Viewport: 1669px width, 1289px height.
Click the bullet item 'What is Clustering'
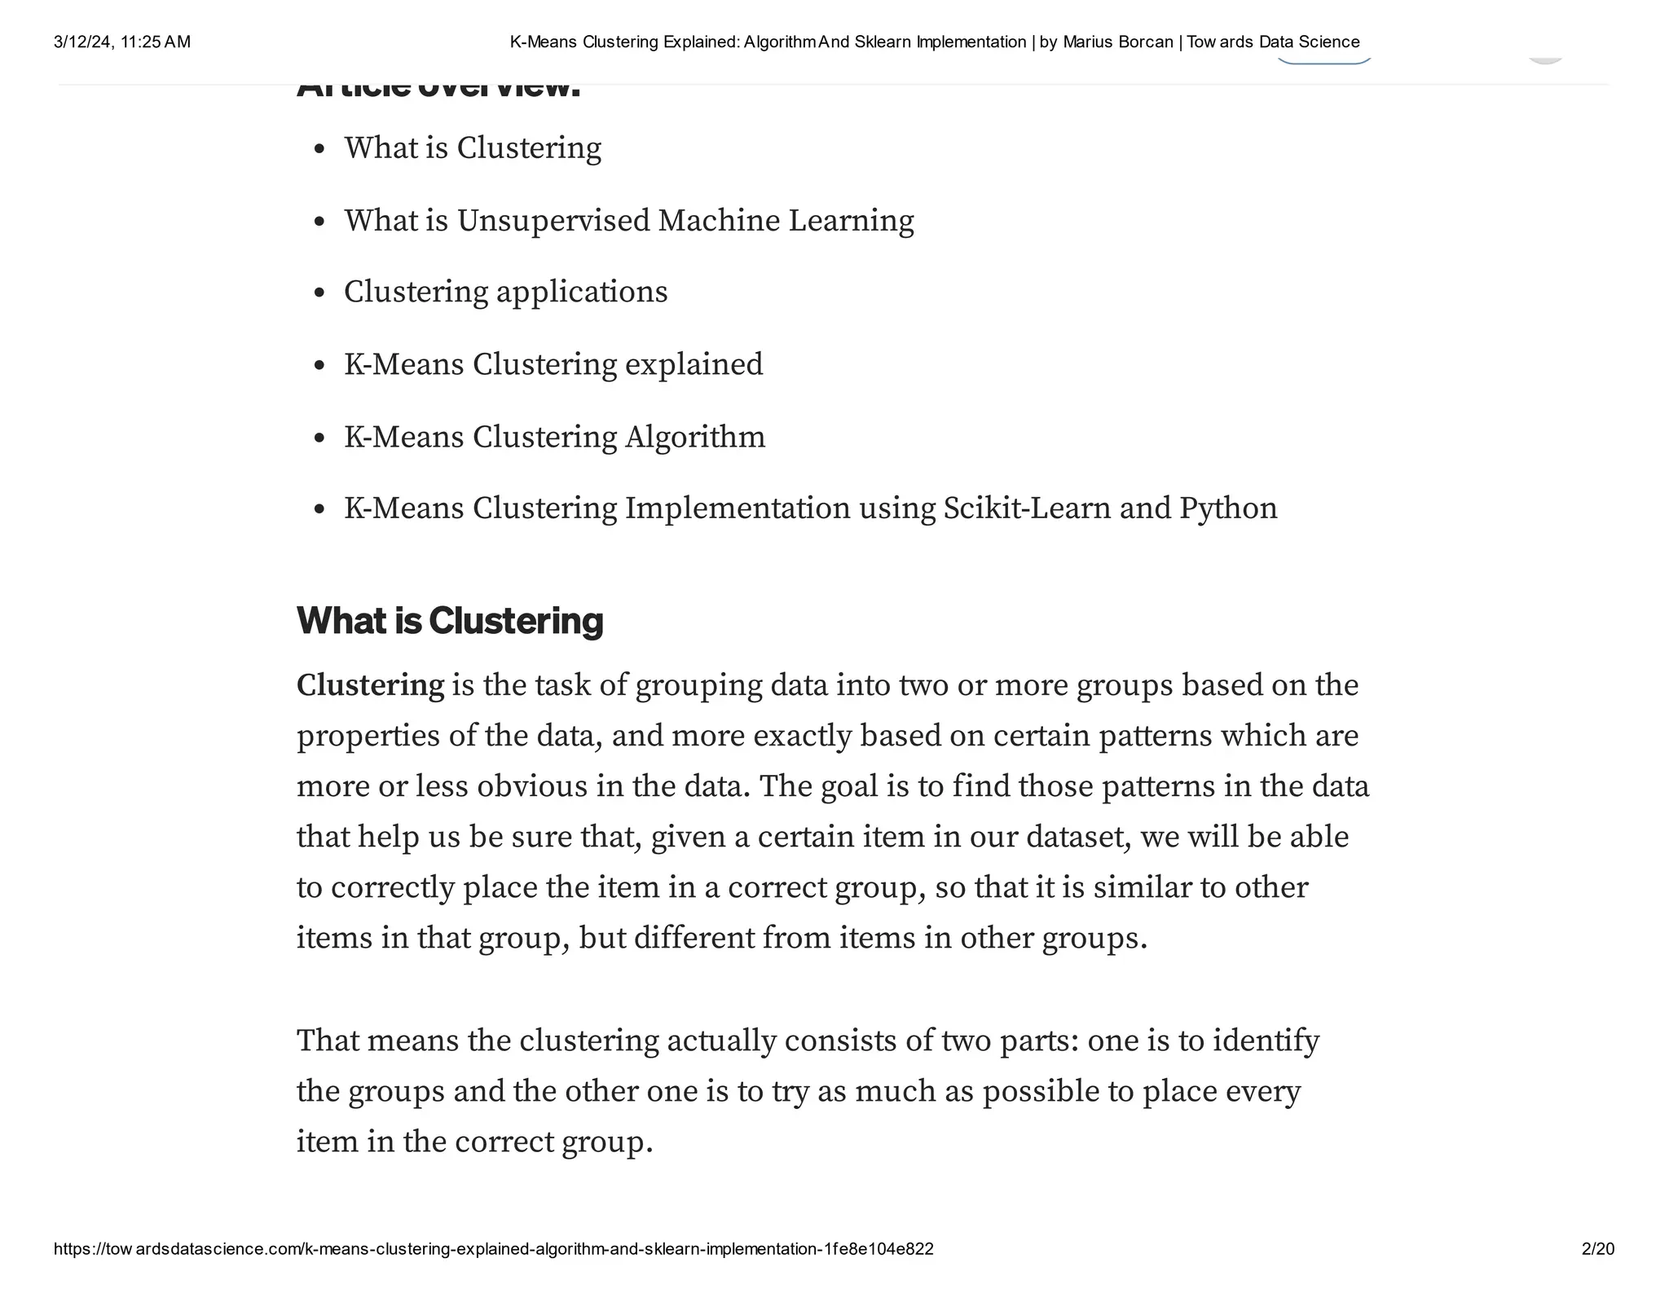(x=472, y=148)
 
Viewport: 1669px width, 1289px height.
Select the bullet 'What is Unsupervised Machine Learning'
(x=628, y=221)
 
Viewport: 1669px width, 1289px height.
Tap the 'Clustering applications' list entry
(x=505, y=293)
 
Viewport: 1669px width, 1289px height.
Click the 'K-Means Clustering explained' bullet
(x=553, y=364)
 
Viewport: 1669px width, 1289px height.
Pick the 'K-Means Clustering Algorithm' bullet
(x=554, y=437)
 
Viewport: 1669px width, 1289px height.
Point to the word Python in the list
(x=1228, y=509)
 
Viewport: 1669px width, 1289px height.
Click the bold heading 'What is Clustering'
(x=449, y=621)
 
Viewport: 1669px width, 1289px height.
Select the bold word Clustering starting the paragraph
(x=370, y=685)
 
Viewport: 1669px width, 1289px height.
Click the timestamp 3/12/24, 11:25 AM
(x=122, y=42)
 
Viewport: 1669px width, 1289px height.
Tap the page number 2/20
(x=1597, y=1249)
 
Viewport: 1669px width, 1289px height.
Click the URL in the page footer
(x=493, y=1249)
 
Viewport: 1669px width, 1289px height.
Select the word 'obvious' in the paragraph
(x=532, y=786)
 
